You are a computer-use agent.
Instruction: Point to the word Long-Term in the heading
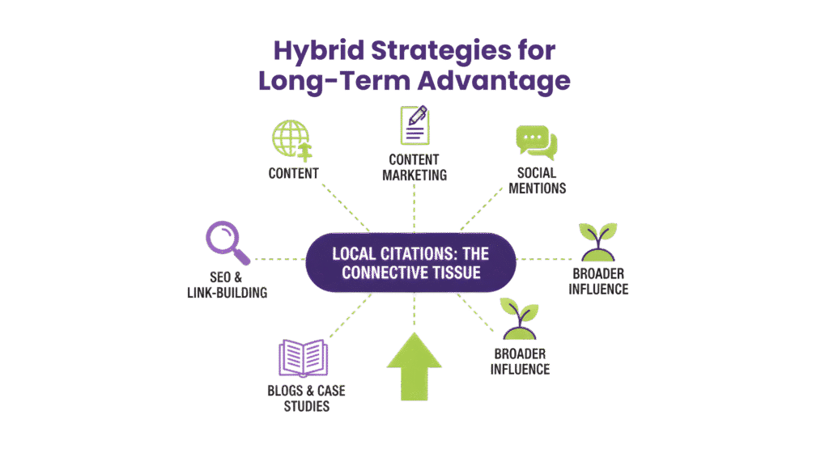tap(334, 82)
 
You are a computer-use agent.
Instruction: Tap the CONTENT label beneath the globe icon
tap(293, 173)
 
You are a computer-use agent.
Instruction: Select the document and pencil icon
tap(414, 125)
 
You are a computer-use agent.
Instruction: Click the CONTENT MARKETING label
tap(414, 167)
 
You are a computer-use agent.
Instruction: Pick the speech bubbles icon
tap(536, 143)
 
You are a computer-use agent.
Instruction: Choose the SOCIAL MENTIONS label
tap(537, 180)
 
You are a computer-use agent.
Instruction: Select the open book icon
tap(304, 358)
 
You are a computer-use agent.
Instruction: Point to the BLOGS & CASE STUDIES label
tap(306, 398)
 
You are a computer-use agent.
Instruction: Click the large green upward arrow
tap(414, 365)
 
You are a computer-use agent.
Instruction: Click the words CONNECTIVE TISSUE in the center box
tap(411, 273)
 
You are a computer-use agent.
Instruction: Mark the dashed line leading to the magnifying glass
tap(279, 261)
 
